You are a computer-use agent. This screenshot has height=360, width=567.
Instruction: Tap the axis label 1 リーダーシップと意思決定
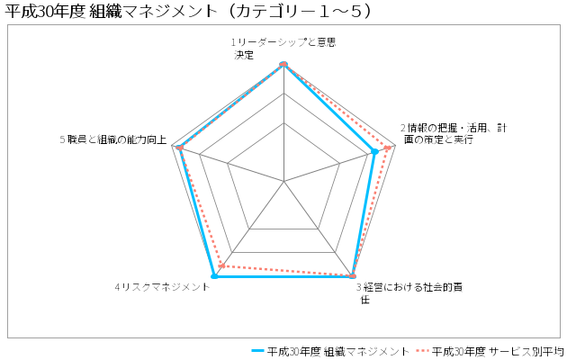tap(283, 49)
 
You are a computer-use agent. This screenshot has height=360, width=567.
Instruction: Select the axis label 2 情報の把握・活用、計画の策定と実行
tap(454, 133)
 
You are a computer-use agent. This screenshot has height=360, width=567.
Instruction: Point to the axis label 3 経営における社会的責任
tap(409, 293)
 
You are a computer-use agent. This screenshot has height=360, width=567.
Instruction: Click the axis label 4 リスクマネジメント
tap(162, 287)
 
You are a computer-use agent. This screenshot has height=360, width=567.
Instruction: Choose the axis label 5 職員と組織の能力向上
tap(113, 139)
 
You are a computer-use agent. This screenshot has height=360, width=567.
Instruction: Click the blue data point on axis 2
tap(375, 152)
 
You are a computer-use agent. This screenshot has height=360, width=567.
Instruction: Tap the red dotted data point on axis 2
tap(388, 148)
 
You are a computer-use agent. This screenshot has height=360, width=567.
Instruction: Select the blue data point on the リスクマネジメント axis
tap(214, 276)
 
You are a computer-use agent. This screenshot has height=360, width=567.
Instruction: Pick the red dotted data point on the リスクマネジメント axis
tap(222, 266)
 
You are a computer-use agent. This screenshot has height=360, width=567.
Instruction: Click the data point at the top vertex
tap(283, 64)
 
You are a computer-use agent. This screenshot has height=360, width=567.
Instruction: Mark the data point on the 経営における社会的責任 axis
tap(353, 276)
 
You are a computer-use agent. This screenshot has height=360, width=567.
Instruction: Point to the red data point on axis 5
tap(180, 148)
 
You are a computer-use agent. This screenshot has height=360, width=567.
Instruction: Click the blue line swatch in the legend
tap(257, 351)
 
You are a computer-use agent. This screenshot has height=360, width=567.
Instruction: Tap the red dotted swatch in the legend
tap(422, 351)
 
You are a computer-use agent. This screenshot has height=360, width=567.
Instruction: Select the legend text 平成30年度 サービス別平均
tap(498, 351)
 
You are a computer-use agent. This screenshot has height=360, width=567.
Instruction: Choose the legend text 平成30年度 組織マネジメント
tap(338, 351)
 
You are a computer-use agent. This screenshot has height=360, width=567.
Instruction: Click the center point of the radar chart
tap(283, 181)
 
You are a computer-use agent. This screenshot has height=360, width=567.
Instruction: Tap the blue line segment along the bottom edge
tap(283, 276)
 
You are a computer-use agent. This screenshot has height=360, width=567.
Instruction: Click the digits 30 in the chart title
tap(46, 12)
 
